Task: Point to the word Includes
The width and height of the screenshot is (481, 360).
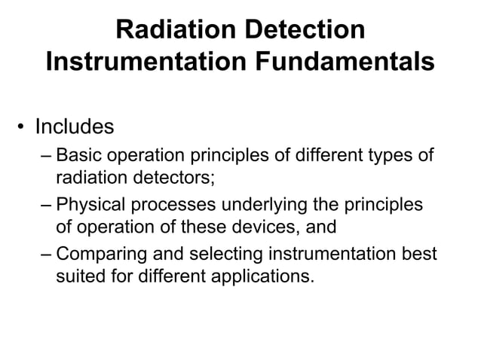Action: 75,126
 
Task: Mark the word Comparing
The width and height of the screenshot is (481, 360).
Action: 103,254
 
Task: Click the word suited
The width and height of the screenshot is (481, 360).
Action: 79,276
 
